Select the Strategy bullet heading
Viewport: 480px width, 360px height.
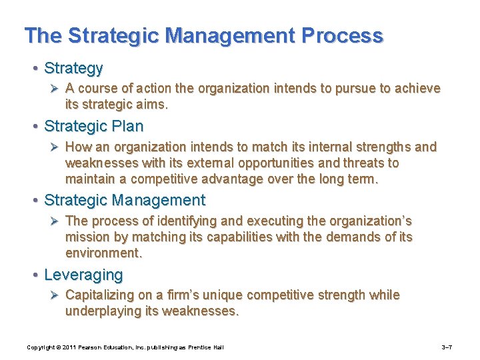pos(73,68)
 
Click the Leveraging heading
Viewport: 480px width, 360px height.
pos(83,275)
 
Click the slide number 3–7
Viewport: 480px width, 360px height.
pos(448,347)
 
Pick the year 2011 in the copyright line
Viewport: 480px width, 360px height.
pos(70,347)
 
